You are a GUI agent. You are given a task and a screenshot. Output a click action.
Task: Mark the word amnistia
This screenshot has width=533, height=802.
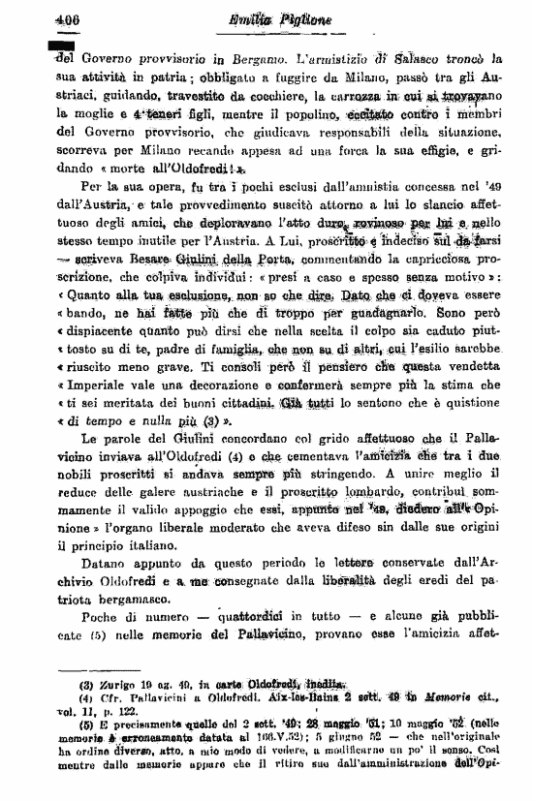(x=362, y=183)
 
